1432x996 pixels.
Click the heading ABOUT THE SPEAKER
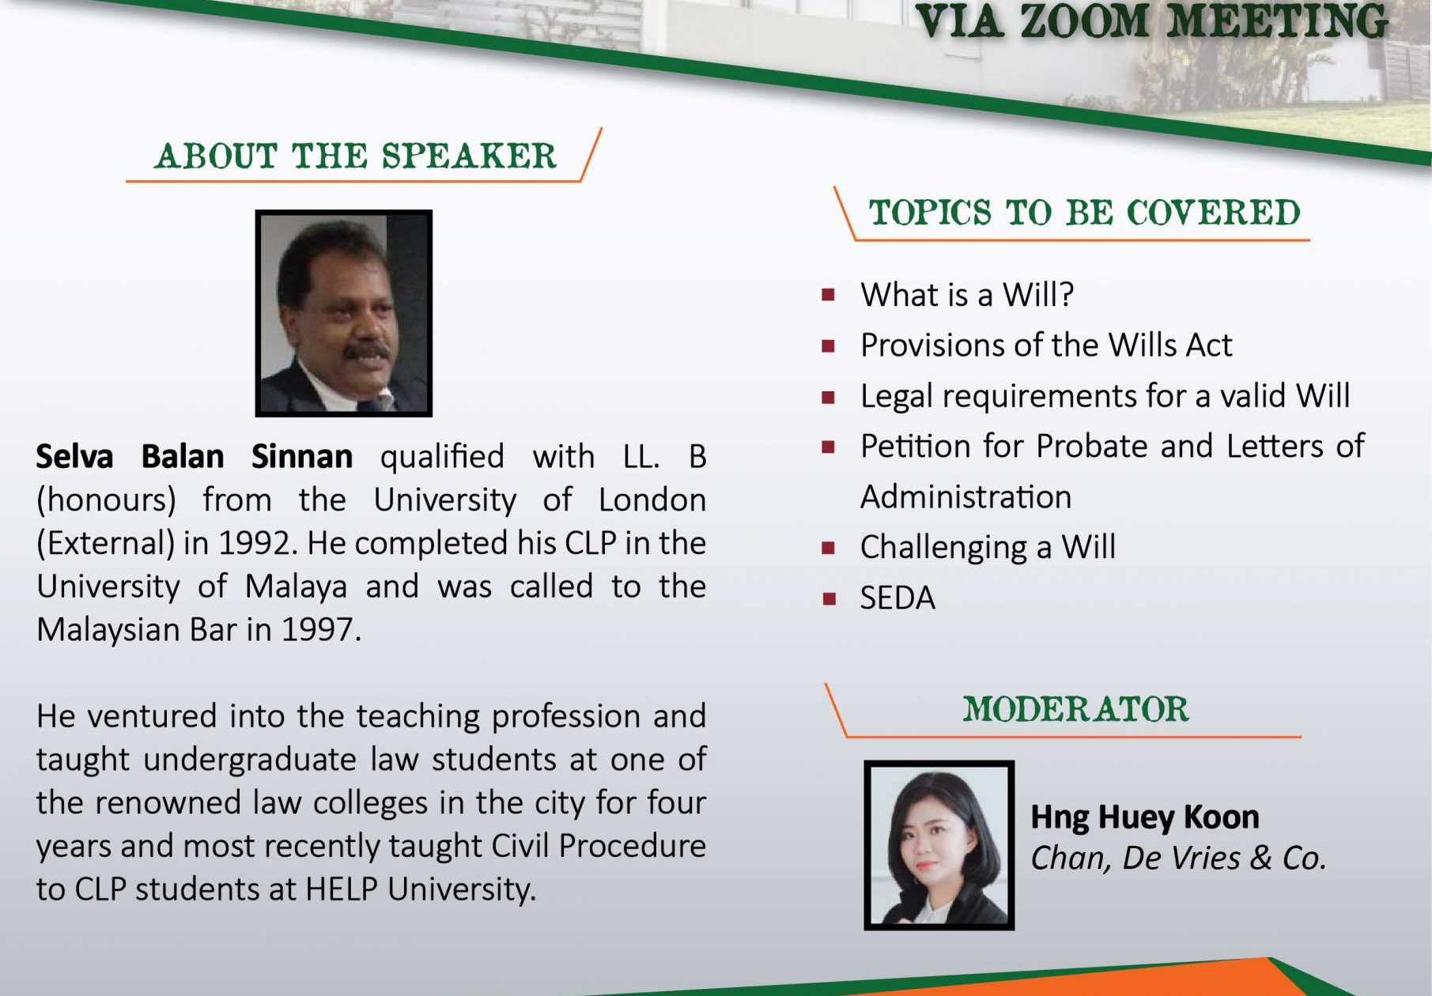pos(356,157)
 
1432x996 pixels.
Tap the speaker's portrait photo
pos(344,313)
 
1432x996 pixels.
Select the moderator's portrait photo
pos(939,845)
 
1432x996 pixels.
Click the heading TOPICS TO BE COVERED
pos(1085,213)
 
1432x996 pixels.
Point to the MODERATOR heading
pos(1075,709)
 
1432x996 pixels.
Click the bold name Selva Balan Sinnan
pos(195,457)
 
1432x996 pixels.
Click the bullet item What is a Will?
pos(967,295)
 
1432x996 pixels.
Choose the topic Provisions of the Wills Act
pos(1046,345)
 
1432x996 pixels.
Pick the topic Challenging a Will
pos(988,547)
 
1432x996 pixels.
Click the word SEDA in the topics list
pos(897,598)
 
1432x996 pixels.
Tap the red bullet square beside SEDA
pos(829,598)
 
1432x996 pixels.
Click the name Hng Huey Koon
pos(1145,817)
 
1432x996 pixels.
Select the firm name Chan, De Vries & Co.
pos(1178,858)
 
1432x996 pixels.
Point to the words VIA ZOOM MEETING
pos(1152,21)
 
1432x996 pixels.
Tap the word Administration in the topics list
pos(965,497)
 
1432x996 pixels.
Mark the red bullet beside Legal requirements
pos(829,397)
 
